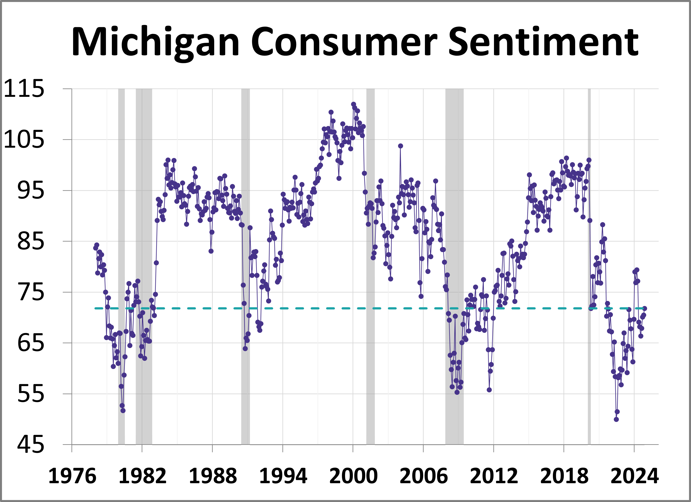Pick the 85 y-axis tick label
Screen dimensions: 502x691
click(x=30, y=242)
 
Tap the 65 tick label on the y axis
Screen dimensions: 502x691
click(x=30, y=343)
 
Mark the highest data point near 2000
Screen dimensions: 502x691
click(x=353, y=104)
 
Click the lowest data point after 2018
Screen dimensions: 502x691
click(x=616, y=420)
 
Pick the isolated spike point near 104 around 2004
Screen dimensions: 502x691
click(x=400, y=146)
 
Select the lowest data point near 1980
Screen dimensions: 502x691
click(x=123, y=411)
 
